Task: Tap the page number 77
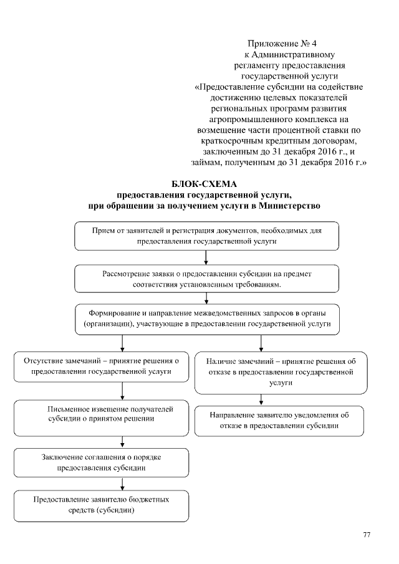(x=367, y=535)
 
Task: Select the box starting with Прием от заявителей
(x=206, y=236)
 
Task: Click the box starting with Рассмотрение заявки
(x=206, y=279)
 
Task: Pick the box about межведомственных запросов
(x=206, y=319)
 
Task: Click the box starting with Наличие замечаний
(x=281, y=372)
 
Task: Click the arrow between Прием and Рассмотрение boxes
(x=206, y=258)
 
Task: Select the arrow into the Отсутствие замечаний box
(x=122, y=343)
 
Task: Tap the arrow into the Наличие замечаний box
(x=261, y=343)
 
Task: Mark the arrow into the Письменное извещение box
(x=122, y=390)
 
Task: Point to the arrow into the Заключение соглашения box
(x=122, y=442)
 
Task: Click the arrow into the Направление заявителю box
(x=261, y=399)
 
